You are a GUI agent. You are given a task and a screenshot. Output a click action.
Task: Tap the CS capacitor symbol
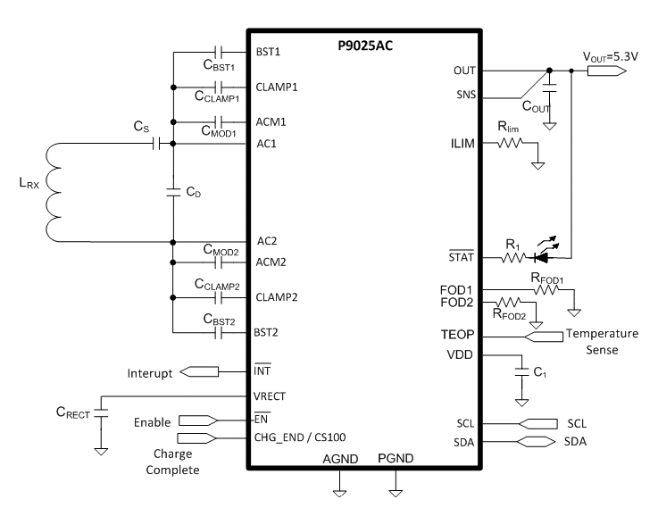158,143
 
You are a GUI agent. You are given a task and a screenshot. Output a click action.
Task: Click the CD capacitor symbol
173,190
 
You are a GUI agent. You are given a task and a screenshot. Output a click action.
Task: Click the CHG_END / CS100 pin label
300,437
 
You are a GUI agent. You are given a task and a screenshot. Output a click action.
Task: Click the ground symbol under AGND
339,489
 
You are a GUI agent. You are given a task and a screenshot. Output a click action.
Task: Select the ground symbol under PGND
395,489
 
